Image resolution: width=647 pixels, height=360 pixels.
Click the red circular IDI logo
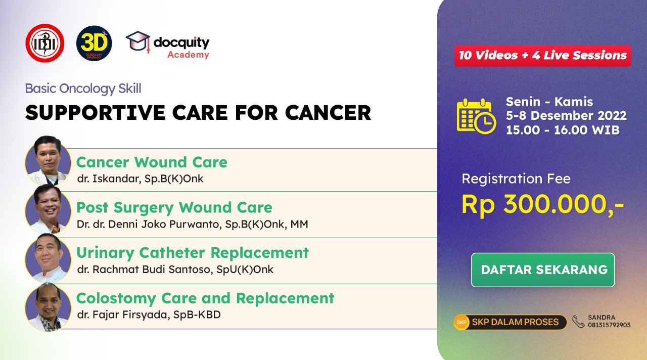pos(45,43)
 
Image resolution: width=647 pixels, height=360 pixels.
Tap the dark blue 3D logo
pos(94,43)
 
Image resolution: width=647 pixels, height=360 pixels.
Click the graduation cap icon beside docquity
pos(138,42)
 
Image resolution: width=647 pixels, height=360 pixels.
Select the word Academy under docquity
pos(189,54)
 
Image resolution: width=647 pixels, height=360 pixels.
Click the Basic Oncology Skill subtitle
pos(83,88)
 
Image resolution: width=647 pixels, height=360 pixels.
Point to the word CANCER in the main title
pos(328,113)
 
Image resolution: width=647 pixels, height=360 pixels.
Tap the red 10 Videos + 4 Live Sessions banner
pos(543,56)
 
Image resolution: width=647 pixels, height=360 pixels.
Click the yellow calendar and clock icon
pos(477,116)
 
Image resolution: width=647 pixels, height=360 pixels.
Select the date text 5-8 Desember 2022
pos(566,116)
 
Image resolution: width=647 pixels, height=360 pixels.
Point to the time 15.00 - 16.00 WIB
pos(563,130)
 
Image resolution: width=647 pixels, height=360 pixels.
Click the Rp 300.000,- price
pos(543,204)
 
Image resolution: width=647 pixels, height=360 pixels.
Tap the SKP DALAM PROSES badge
pos(510,322)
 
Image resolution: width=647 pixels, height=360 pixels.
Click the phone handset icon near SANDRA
pos(578,322)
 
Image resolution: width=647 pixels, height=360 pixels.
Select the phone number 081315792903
pos(609,325)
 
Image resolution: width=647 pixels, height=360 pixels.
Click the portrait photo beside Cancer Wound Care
pos(48,160)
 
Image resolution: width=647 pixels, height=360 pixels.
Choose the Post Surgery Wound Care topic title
pos(174,207)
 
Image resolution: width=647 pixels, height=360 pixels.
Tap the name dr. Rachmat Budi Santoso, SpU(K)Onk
pos(175,269)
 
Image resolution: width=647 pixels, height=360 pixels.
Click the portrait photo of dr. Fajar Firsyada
pos(48,307)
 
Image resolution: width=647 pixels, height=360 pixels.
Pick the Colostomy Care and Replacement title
pos(205,298)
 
